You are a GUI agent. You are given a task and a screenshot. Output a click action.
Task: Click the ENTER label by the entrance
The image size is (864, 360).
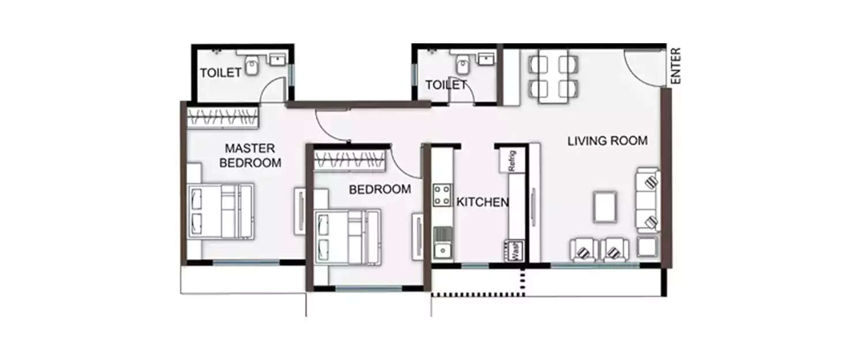(676, 66)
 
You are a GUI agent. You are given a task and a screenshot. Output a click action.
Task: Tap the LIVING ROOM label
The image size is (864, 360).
(607, 141)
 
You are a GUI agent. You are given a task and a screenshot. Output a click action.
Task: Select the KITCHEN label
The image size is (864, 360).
(483, 202)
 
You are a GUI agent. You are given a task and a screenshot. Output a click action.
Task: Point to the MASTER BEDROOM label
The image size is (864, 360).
(251, 156)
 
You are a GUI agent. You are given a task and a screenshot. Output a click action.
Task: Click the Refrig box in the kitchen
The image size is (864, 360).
(511, 160)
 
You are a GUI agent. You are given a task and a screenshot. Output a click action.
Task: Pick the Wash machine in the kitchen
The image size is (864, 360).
(515, 251)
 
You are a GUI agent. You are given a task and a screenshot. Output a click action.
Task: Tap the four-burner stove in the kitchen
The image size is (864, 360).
(442, 194)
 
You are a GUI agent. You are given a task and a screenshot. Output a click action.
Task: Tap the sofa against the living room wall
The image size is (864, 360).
(648, 200)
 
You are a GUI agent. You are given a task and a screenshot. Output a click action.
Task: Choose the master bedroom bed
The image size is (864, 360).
(221, 211)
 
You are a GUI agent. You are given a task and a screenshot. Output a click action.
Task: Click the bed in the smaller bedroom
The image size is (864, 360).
(347, 236)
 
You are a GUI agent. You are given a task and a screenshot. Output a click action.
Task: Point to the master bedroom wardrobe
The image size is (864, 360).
(222, 117)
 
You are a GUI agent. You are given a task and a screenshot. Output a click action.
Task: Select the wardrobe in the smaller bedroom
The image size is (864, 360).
(348, 161)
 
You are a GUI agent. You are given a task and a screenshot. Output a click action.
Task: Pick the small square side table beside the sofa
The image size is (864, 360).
(648, 247)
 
